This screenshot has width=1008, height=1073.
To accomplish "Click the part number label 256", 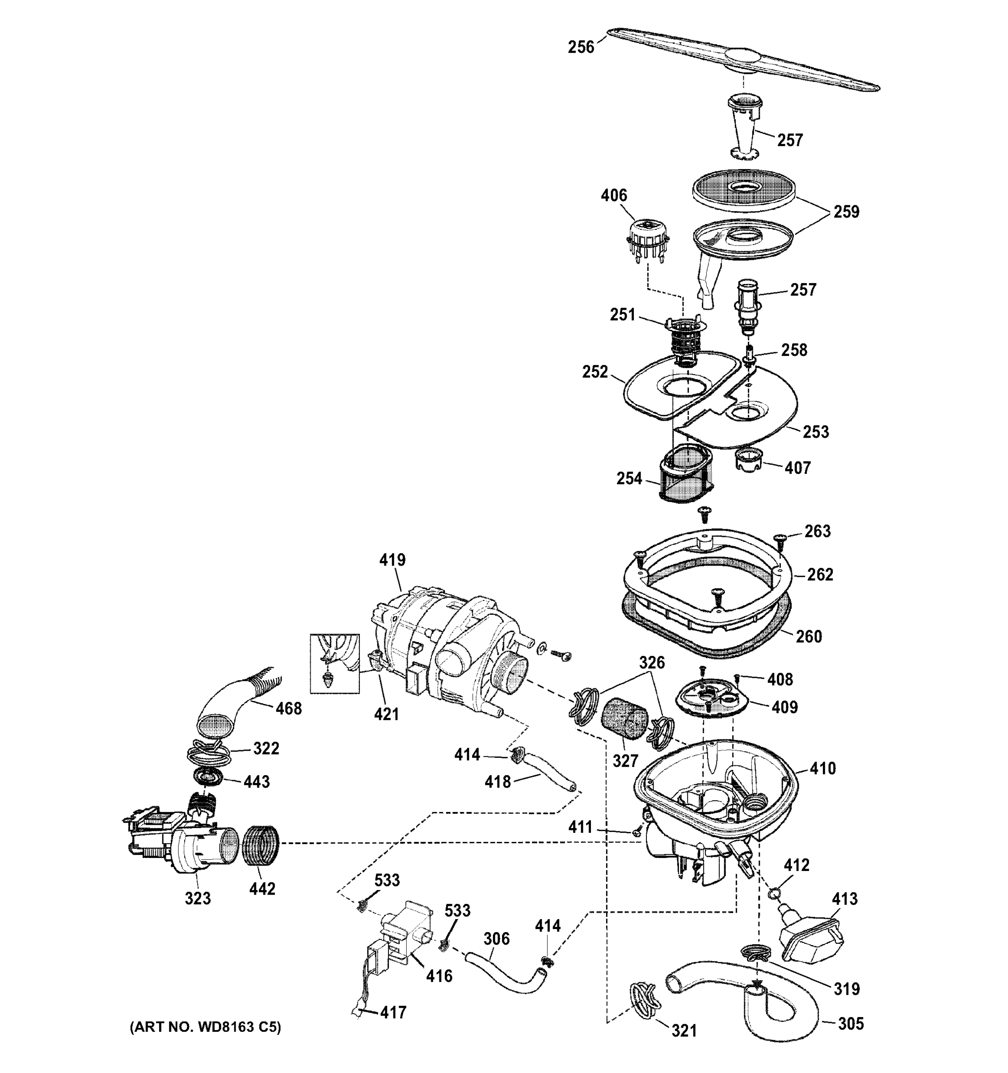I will pos(581,47).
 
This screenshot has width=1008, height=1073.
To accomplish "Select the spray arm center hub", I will pos(745,58).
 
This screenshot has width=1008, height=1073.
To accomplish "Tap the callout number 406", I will pos(614,195).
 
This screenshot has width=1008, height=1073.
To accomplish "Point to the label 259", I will pos(846,211).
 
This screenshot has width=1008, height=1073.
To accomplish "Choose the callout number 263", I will pos(817,531).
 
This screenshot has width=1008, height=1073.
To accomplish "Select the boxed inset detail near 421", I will pos(334,663).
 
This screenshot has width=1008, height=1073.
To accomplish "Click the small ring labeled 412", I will pos(773,894).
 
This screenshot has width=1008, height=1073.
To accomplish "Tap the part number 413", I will pos(844,899).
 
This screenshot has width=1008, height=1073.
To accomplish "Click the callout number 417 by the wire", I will pos(393,1013).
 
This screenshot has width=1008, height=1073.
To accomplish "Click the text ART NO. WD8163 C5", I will pos(205,1027).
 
